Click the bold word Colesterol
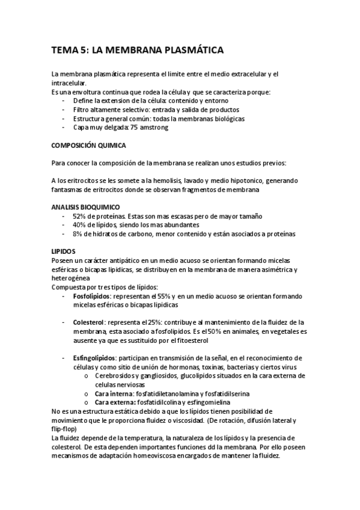click(x=89, y=322)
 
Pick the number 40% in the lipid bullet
click(x=80, y=225)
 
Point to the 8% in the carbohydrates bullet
click(x=78, y=234)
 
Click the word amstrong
click(x=154, y=127)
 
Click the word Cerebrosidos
click(x=118, y=375)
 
